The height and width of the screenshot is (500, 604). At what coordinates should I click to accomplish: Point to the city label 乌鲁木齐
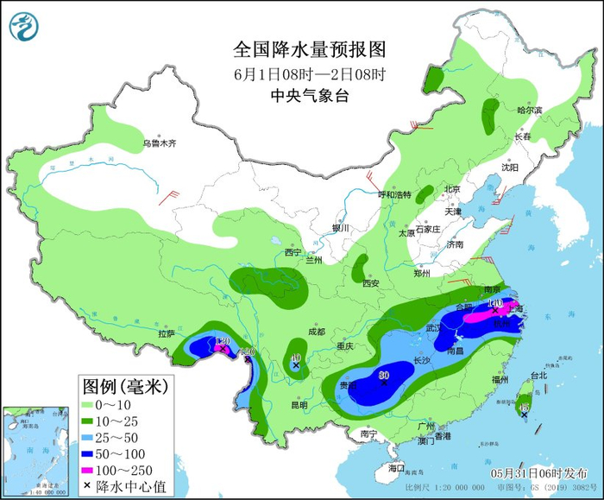tap(159, 143)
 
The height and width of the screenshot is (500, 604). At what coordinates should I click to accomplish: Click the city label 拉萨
tap(167, 333)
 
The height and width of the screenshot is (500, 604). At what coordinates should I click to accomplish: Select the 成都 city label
tap(316, 332)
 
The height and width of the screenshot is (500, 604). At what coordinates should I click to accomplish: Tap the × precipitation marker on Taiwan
tap(524, 414)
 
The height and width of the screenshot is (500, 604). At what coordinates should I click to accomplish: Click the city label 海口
tap(396, 467)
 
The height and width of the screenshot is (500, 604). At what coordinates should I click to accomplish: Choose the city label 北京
tap(452, 189)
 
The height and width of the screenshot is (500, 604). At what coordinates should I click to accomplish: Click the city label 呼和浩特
tap(396, 194)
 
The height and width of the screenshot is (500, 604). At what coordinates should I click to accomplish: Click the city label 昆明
tap(299, 404)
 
